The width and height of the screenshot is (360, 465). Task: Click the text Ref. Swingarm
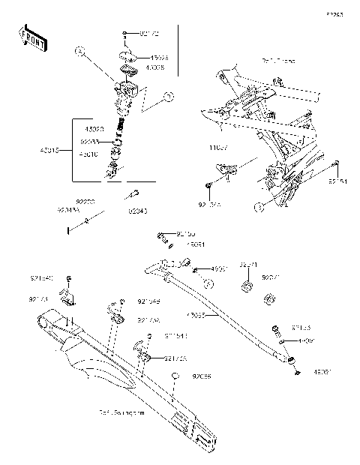[121, 412]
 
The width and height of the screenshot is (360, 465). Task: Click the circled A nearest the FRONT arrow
[79, 52]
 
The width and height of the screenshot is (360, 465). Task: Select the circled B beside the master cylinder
[169, 96]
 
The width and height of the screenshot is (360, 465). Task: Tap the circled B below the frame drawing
[258, 205]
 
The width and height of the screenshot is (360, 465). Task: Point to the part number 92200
[85, 202]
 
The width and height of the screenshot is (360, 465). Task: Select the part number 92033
[88, 139]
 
